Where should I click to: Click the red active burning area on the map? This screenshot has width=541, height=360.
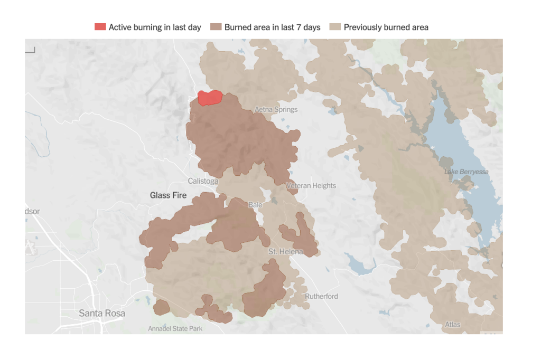point(210,98)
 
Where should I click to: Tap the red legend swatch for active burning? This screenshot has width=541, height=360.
point(100,27)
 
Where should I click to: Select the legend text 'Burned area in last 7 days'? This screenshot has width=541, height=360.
point(272,27)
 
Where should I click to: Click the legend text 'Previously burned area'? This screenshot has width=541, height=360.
point(386,27)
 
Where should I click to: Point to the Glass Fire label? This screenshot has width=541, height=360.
point(168,195)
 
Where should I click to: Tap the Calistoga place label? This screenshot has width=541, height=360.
point(203,181)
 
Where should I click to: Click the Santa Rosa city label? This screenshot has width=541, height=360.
point(102,313)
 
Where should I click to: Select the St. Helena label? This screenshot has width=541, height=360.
point(285,252)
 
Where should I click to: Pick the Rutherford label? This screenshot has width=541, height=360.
point(321,296)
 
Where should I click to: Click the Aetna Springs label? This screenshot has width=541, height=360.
point(276,110)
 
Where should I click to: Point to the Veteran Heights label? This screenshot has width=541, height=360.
point(311,186)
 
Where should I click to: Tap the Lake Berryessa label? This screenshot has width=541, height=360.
point(466,172)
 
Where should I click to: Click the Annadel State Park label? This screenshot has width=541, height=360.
point(175,329)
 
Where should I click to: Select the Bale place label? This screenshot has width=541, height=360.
point(255,204)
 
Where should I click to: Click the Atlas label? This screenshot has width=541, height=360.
point(452,324)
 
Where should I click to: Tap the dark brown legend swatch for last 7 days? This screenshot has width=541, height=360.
point(216,27)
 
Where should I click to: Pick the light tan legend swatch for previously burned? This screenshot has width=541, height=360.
point(335,27)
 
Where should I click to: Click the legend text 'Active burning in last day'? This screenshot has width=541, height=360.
point(155,27)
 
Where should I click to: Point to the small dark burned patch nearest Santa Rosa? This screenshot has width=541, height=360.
point(161,307)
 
